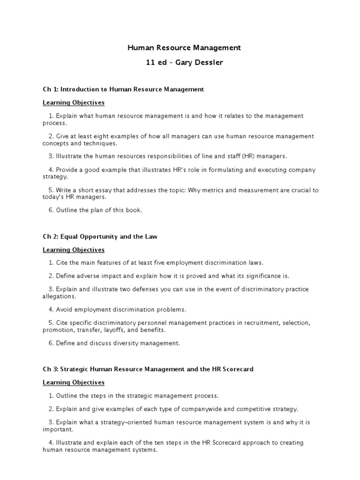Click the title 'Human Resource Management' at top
(184, 47)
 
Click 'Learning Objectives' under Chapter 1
(74, 102)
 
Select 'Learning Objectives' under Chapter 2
(74, 250)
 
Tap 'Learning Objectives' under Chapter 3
(74, 382)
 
